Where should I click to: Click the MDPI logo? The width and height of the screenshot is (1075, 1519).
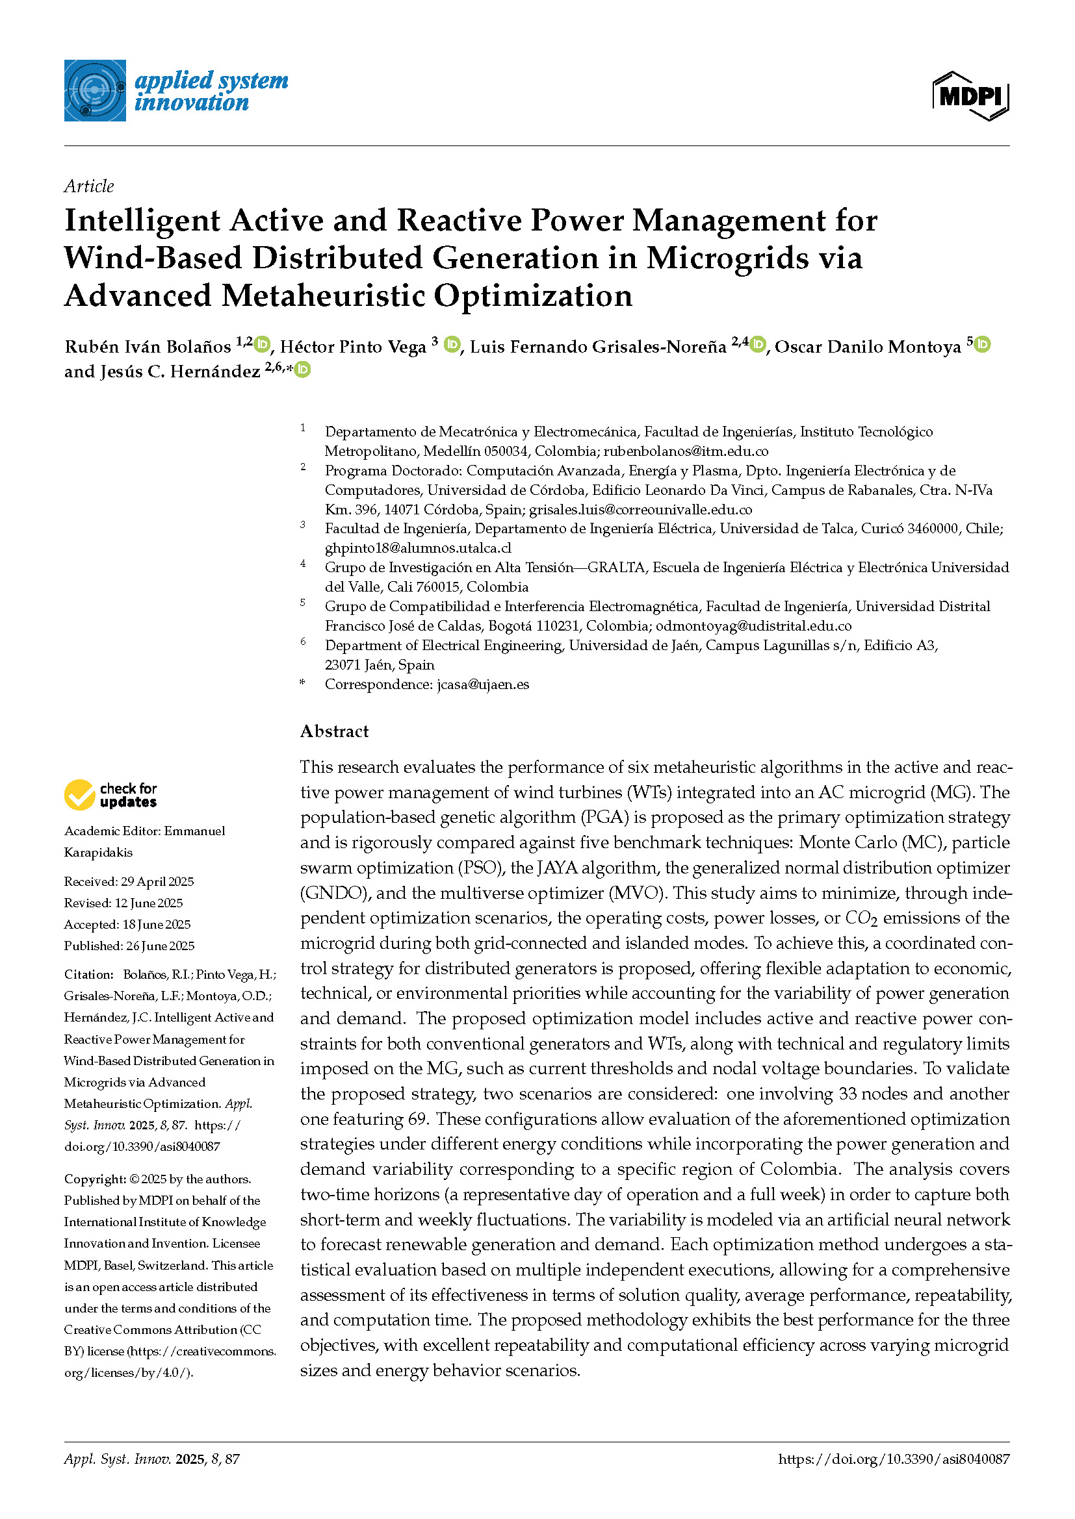tap(970, 96)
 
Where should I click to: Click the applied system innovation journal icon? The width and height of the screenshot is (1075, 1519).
tap(95, 91)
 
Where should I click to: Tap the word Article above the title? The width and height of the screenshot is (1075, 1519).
tap(88, 186)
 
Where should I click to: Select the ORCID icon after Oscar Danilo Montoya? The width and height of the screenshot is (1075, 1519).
tap(982, 345)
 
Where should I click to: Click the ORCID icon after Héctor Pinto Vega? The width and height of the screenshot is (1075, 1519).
tap(452, 345)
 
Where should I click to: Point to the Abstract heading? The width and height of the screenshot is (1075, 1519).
tap(334, 731)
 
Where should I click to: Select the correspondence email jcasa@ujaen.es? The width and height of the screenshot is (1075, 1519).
tap(482, 684)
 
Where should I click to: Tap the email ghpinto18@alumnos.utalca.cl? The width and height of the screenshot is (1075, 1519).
tap(418, 548)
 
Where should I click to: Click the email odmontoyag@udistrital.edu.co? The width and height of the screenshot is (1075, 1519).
tap(753, 626)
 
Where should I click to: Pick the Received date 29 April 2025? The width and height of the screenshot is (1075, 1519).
tap(157, 881)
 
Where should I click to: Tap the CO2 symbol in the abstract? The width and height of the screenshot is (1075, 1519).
tap(861, 918)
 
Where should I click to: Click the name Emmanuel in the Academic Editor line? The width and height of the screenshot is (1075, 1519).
tap(194, 831)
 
